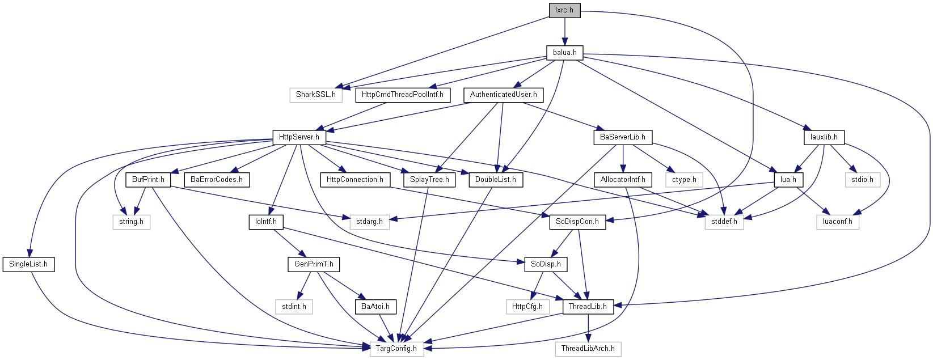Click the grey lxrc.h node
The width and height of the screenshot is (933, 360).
tap(564, 10)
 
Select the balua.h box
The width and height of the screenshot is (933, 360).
tap(564, 53)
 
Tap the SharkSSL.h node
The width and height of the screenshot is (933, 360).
tap(316, 95)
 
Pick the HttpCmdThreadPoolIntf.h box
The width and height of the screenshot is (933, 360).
tap(403, 95)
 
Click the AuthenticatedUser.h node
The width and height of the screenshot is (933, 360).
tap(504, 95)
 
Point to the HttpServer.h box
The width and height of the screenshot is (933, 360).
tap(299, 137)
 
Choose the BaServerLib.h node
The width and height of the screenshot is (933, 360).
tap(623, 137)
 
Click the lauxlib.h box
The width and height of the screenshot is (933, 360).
tap(824, 137)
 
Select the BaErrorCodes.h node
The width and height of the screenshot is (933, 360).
tap(217, 180)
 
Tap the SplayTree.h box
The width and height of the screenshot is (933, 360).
tap(429, 180)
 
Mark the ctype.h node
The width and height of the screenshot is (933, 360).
tap(684, 180)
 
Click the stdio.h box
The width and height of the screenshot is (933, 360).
tap(862, 180)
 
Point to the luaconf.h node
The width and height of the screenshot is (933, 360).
tap(838, 222)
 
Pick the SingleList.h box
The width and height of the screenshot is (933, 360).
tap(28, 265)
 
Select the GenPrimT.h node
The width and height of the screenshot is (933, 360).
tap(314, 265)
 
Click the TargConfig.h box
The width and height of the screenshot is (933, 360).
tap(396, 349)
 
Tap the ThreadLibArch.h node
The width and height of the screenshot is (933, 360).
tap(588, 349)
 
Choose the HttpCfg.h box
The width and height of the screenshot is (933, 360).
tap(527, 307)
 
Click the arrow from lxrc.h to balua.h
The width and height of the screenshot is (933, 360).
tap(564, 32)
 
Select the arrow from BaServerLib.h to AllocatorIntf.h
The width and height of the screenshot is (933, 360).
tap(623, 159)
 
